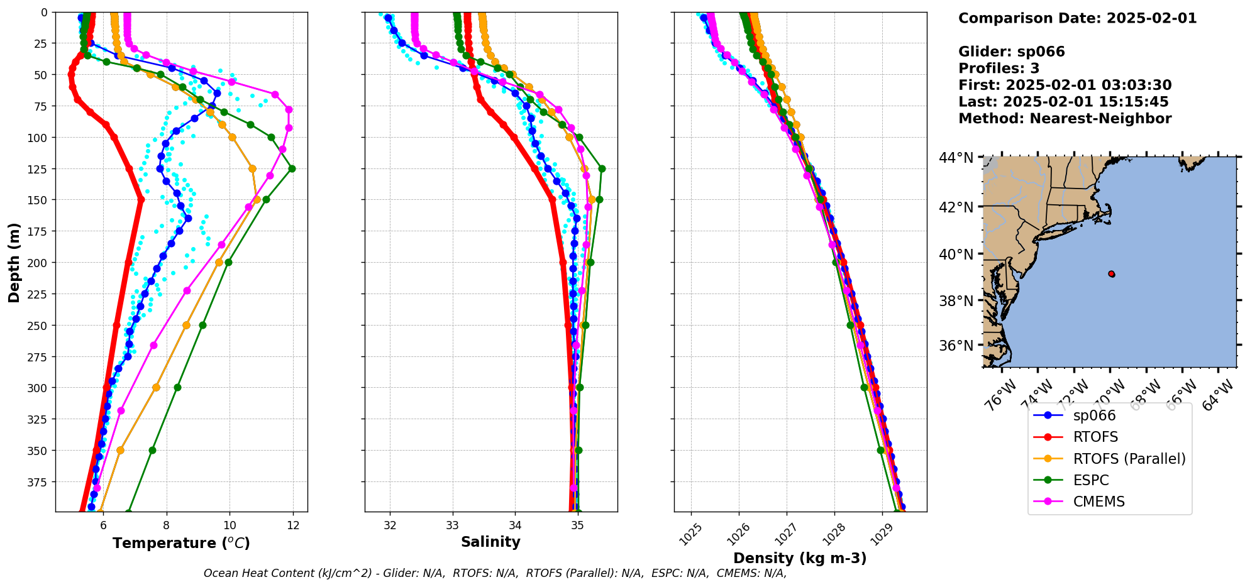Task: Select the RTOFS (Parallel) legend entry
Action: (x=1129, y=459)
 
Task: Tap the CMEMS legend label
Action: (x=1098, y=502)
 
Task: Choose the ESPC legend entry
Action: (x=1091, y=480)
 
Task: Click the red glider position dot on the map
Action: (x=1112, y=274)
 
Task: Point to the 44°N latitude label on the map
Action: (x=957, y=158)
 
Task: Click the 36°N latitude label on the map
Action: (x=957, y=346)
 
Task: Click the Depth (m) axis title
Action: (x=14, y=262)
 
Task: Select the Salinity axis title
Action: (x=490, y=542)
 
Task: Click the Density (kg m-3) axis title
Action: (x=800, y=558)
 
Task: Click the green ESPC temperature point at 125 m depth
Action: (x=292, y=168)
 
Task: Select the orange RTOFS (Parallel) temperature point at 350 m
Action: (x=120, y=450)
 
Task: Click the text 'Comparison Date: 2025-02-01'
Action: (x=1077, y=18)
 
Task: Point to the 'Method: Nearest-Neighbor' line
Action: (x=1065, y=119)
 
